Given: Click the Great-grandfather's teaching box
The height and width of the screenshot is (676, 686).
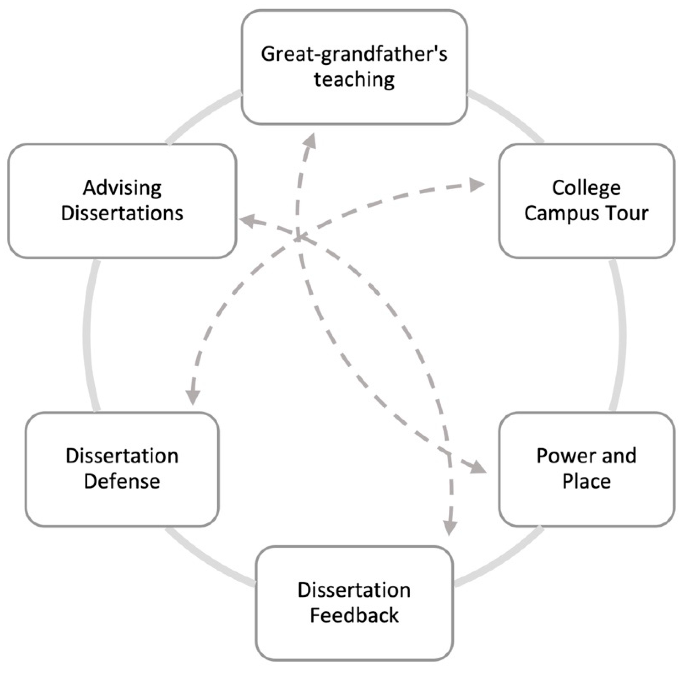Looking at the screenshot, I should pyautogui.click(x=354, y=68).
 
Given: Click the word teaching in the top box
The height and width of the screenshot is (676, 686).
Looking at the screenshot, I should pyautogui.click(x=354, y=80).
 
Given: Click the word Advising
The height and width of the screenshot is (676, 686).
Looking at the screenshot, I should pyautogui.click(x=122, y=188).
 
